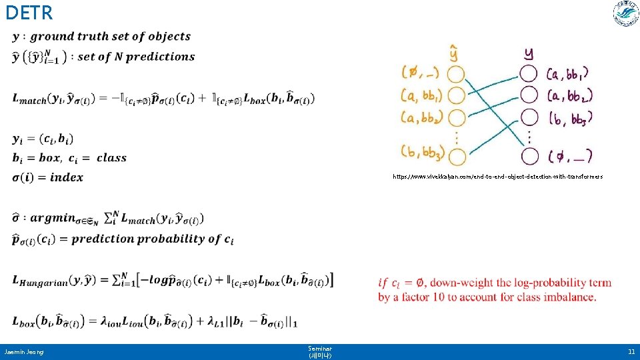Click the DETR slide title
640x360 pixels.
(28, 12)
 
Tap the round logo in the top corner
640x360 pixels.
(625, 14)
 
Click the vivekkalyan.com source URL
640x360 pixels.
(497, 177)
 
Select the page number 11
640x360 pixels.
(631, 351)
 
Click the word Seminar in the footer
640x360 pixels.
(320, 348)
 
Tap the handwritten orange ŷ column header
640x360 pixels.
(454, 51)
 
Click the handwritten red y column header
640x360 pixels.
(529, 52)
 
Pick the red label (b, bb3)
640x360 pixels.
(569, 119)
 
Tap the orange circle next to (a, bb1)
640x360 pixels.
(456, 95)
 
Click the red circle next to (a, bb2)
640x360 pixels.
(529, 95)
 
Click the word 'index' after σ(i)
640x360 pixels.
(67, 177)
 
